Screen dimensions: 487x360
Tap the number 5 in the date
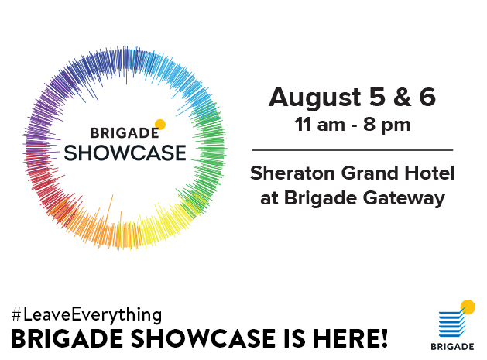pyautogui.click(x=377, y=97)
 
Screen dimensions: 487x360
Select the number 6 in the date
pyautogui.click(x=427, y=97)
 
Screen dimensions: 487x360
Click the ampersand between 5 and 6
pyautogui.click(x=402, y=97)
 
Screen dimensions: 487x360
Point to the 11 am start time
pyautogui.click(x=320, y=125)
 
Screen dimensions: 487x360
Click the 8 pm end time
pyautogui.click(x=387, y=126)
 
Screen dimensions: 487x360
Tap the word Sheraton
pyautogui.click(x=293, y=173)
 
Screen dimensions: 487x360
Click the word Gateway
pyautogui.click(x=404, y=199)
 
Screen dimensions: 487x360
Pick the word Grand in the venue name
pyautogui.click(x=369, y=173)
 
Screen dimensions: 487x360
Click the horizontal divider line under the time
pyautogui.click(x=352, y=150)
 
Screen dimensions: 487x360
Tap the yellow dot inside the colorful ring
pyautogui.click(x=160, y=125)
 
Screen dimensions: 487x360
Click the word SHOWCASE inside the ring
pyautogui.click(x=125, y=153)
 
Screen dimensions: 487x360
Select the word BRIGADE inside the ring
pyautogui.click(x=125, y=133)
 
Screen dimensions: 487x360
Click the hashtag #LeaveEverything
pyautogui.click(x=87, y=315)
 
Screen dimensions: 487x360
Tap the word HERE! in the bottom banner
pyautogui.click(x=350, y=338)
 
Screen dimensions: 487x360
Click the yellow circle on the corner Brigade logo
pyautogui.click(x=468, y=307)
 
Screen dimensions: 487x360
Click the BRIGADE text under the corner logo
pyautogui.click(x=452, y=346)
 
